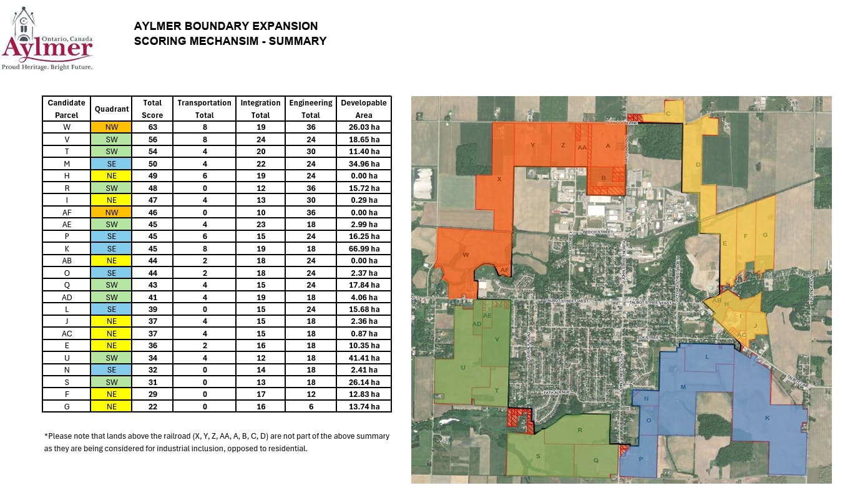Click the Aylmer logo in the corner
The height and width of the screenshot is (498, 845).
(x=47, y=39)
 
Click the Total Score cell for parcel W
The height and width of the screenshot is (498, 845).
(x=152, y=127)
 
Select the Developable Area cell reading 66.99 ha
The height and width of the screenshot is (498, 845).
(x=363, y=248)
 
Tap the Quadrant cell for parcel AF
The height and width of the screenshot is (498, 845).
(x=111, y=212)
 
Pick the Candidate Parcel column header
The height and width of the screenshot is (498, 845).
(x=66, y=109)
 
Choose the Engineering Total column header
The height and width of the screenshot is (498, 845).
(x=311, y=109)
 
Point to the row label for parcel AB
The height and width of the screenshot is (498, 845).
(x=66, y=261)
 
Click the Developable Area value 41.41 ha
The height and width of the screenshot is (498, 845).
(x=363, y=358)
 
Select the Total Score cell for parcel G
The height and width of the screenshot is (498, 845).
(x=152, y=406)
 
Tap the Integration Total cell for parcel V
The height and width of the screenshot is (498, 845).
(x=260, y=140)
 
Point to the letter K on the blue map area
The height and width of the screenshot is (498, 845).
(x=767, y=417)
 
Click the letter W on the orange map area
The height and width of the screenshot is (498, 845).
(x=466, y=255)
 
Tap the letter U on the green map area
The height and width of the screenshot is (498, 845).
(x=462, y=368)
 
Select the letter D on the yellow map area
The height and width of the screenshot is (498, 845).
(x=698, y=165)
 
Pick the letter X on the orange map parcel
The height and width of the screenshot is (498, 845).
(x=499, y=179)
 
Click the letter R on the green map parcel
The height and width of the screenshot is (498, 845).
(x=580, y=430)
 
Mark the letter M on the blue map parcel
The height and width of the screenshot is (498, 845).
(x=683, y=387)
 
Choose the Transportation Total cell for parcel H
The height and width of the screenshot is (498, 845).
(x=204, y=176)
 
